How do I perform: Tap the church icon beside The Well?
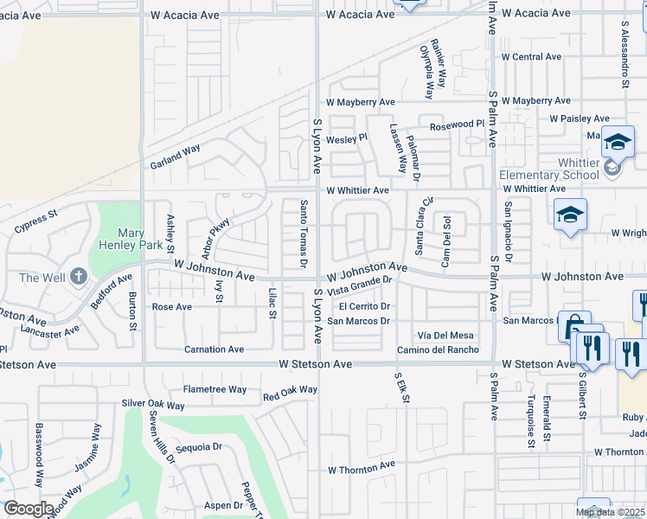tap(78, 277)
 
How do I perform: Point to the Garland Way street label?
tap(174, 156)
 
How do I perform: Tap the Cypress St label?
tap(35, 222)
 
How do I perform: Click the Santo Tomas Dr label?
tap(304, 234)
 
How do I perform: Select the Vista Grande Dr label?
tap(360, 285)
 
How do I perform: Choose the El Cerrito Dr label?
tap(366, 306)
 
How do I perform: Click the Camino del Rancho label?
tap(438, 349)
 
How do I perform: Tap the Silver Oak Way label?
tap(153, 405)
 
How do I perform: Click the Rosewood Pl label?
tap(457, 125)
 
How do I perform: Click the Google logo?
tap(28, 508)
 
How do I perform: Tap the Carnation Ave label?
tap(214, 349)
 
